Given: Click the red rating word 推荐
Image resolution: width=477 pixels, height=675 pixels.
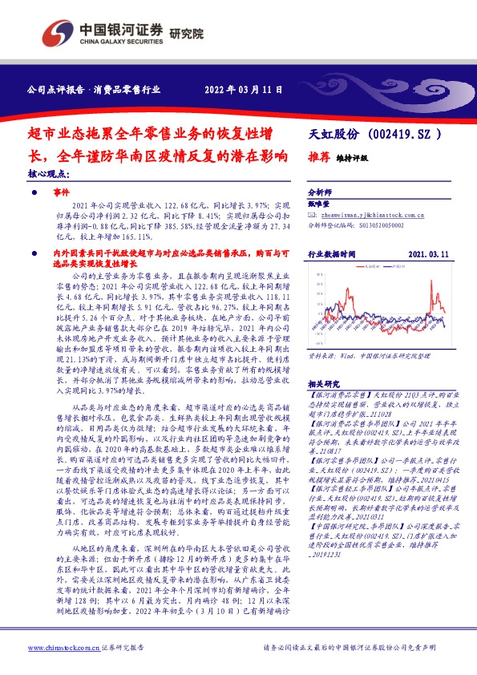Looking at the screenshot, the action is pyautogui.click(x=321, y=158).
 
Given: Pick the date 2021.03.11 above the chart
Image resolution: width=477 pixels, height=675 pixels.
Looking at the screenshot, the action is pyautogui.click(x=437, y=255).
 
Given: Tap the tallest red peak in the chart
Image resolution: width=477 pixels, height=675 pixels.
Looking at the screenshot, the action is pyautogui.click(x=434, y=282).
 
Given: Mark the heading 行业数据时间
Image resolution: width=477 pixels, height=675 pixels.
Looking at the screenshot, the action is pyautogui.click(x=332, y=255).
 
